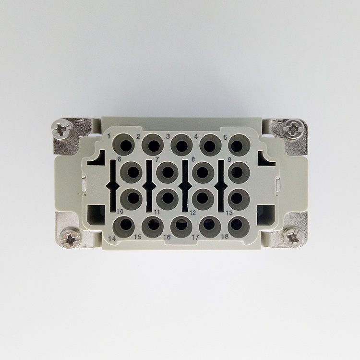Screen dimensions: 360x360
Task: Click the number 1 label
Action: (x=109, y=136)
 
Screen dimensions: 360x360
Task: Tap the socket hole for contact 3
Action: (x=181, y=145)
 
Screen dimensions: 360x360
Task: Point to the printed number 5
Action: (x=226, y=137)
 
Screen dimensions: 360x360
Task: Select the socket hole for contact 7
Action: (x=168, y=172)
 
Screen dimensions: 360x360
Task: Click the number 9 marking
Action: (x=229, y=160)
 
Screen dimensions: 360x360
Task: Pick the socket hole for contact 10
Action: (x=132, y=199)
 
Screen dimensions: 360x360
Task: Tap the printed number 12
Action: (x=192, y=213)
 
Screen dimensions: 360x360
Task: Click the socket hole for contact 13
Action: (x=239, y=199)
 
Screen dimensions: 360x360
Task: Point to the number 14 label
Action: (x=112, y=239)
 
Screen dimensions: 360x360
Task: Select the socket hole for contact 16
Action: (x=181, y=227)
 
